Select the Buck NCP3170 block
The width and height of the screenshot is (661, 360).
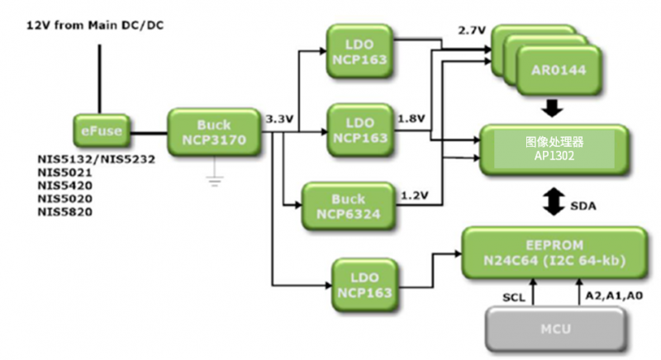point(215,130)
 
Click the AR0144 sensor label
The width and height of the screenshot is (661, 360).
point(559,71)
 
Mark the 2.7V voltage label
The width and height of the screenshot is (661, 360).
point(473,31)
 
